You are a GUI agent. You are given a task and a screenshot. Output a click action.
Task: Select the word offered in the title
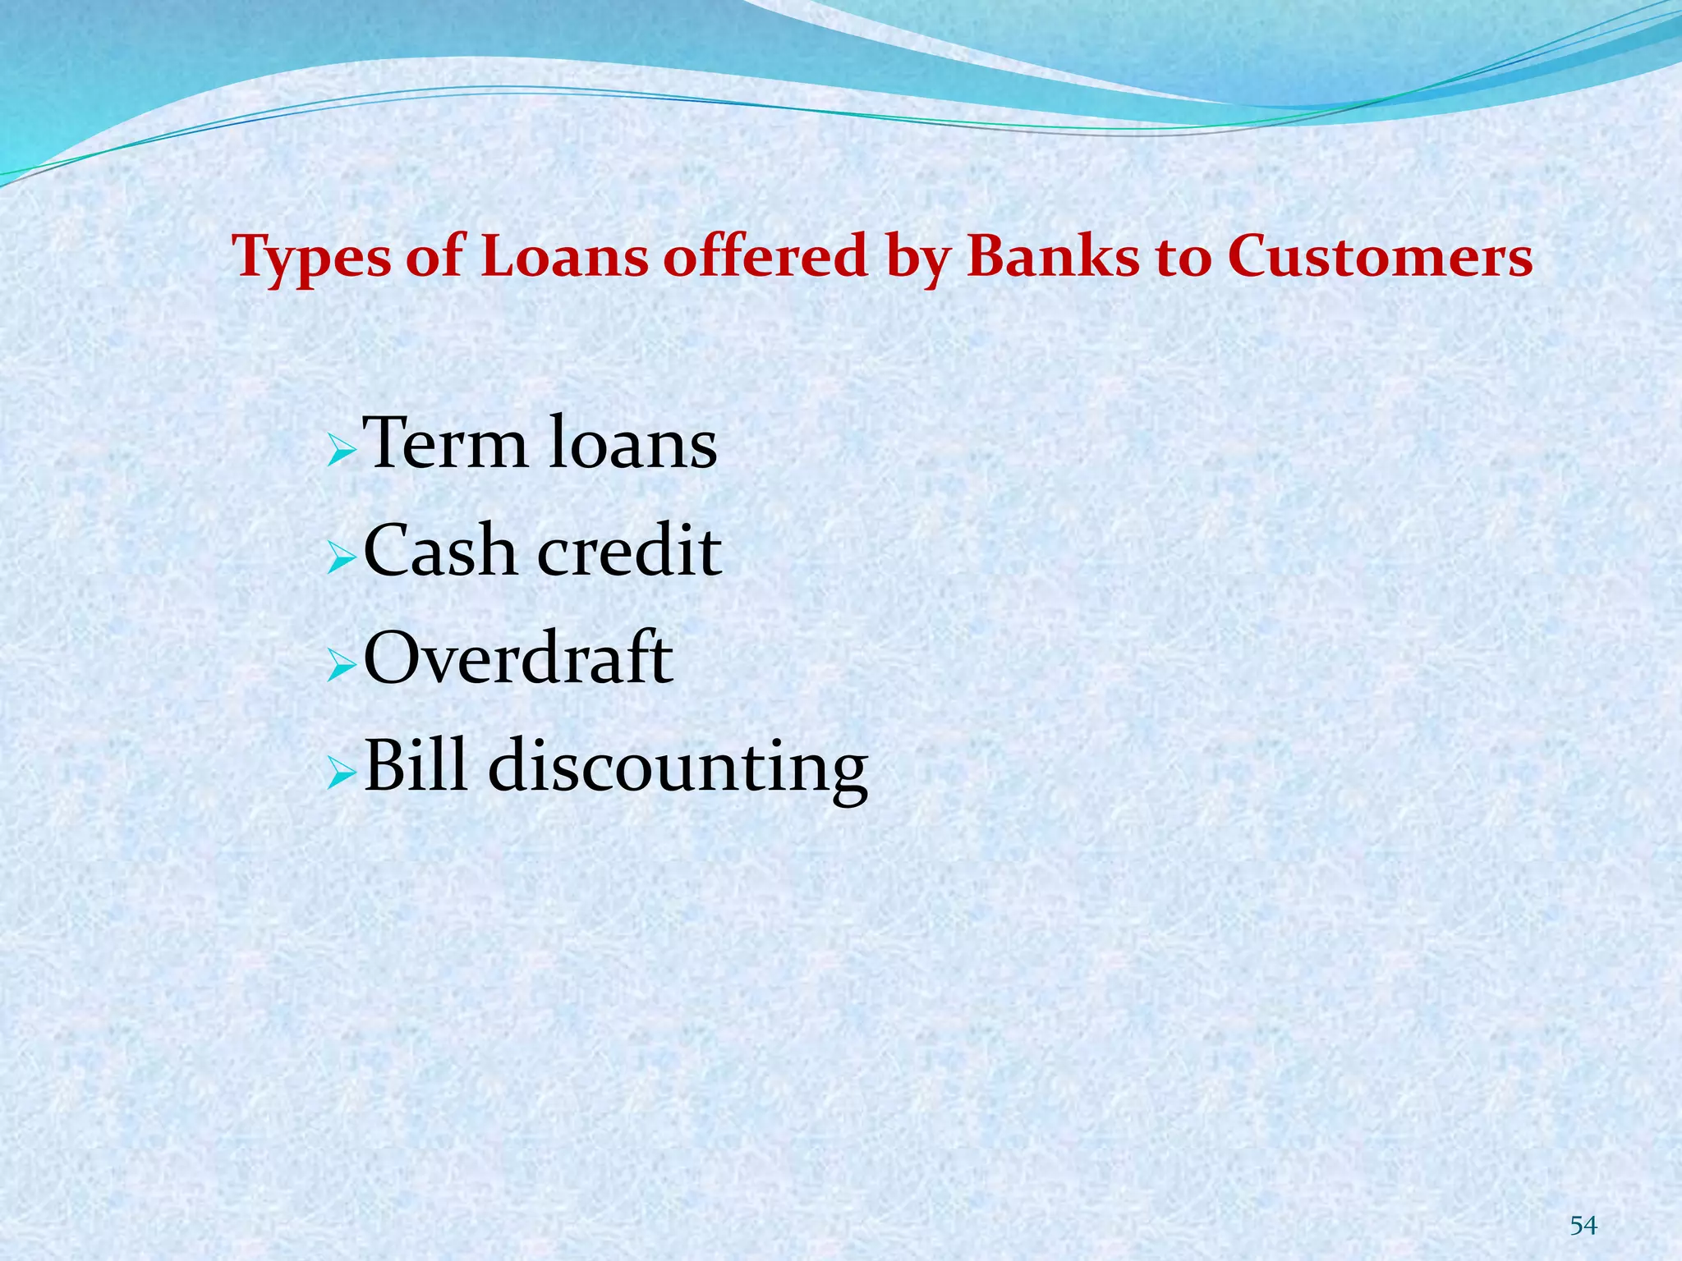tap(765, 256)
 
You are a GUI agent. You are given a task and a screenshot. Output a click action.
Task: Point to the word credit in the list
tap(629, 551)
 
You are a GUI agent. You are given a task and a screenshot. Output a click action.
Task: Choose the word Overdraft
tap(518, 658)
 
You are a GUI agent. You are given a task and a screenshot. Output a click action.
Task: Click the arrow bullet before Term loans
tap(341, 451)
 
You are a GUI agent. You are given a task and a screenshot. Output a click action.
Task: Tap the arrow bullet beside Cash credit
tap(341, 558)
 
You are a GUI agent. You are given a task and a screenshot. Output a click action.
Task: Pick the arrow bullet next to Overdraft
tap(341, 665)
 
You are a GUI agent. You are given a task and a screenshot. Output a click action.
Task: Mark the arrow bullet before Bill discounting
tap(341, 773)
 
